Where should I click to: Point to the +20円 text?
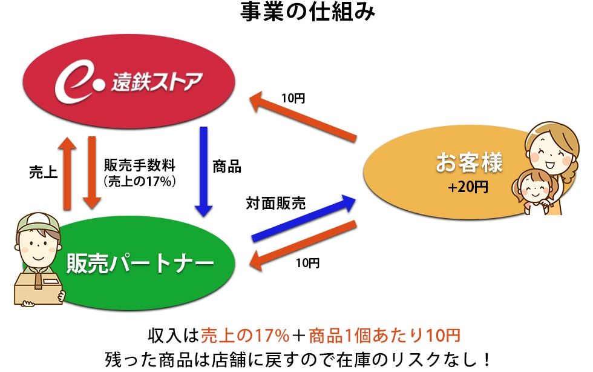point(468,188)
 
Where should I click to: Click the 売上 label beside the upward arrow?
point(43,172)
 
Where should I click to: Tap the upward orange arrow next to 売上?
point(68,172)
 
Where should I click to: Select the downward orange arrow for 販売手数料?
point(92,172)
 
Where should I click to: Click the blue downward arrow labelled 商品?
point(203,172)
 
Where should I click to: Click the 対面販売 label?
point(275,203)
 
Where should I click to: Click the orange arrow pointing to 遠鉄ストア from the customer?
point(303,118)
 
